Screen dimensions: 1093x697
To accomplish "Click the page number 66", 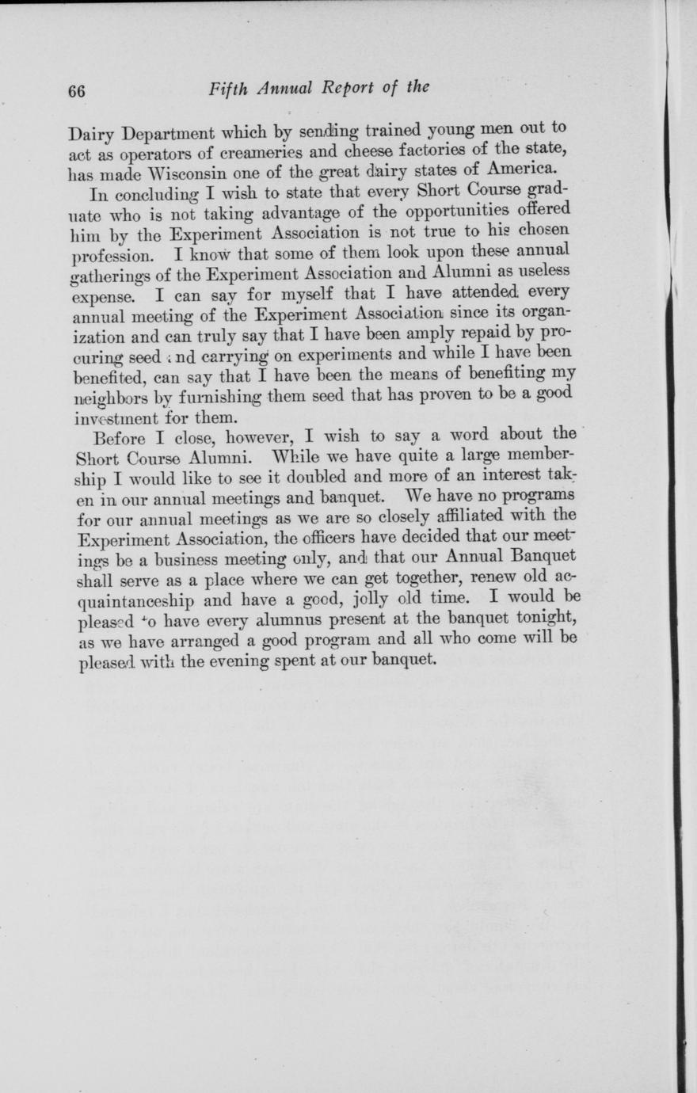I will (76, 90).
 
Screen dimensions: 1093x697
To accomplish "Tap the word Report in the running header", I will (348, 88).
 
